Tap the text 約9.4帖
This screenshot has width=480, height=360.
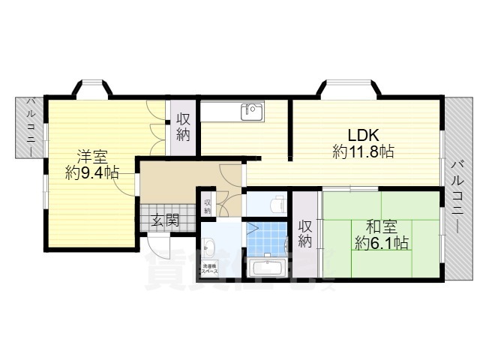pos(91,173)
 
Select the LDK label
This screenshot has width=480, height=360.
pos(364,135)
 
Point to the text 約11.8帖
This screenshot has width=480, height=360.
pos(364,151)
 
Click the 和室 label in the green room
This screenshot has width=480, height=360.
pos(381,226)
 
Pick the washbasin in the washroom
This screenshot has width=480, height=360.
pos(209,245)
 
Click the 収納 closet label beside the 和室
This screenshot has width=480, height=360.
pos(304,233)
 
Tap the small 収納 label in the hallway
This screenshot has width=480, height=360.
pos(207,203)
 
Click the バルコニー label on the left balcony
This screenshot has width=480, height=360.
pos(31,125)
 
